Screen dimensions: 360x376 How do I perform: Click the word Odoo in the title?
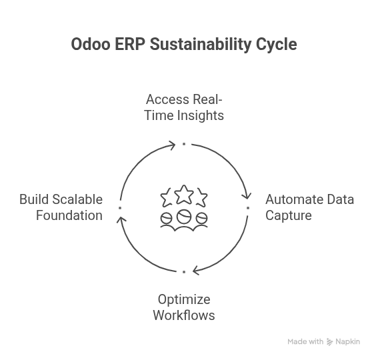tap(91, 45)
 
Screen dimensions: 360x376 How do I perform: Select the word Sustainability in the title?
tap(201, 45)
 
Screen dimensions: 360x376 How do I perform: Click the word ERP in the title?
tap(131, 45)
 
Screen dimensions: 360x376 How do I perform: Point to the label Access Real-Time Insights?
tap(184, 107)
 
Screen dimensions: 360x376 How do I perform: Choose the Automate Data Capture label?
tap(309, 207)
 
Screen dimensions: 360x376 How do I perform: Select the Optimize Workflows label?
tap(184, 307)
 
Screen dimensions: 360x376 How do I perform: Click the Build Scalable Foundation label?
tap(61, 207)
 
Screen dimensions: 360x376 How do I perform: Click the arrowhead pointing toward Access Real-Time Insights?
tap(172, 145)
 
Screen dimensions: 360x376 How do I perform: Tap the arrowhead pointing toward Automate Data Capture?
tap(246, 195)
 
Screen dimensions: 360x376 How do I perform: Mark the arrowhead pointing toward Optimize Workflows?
tap(196, 271)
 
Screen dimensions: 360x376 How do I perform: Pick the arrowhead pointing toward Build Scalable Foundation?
tap(121, 221)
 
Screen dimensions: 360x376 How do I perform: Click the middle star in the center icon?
tap(184, 195)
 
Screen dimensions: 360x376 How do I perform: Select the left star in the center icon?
tap(167, 198)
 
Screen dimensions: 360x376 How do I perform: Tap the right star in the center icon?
tap(201, 198)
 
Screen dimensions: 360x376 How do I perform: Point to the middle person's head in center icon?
tap(184, 216)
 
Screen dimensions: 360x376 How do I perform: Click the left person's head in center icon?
tap(167, 218)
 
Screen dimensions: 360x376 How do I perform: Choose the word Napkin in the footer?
tap(347, 342)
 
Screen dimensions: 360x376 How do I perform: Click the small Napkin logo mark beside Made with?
tap(329, 342)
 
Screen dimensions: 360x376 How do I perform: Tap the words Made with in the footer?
tap(305, 342)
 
